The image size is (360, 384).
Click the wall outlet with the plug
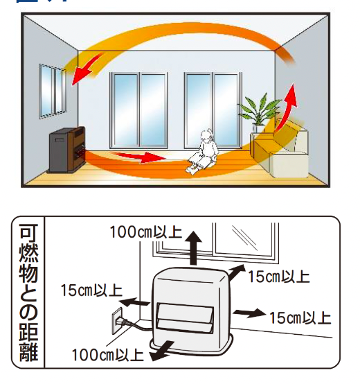[119, 316]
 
